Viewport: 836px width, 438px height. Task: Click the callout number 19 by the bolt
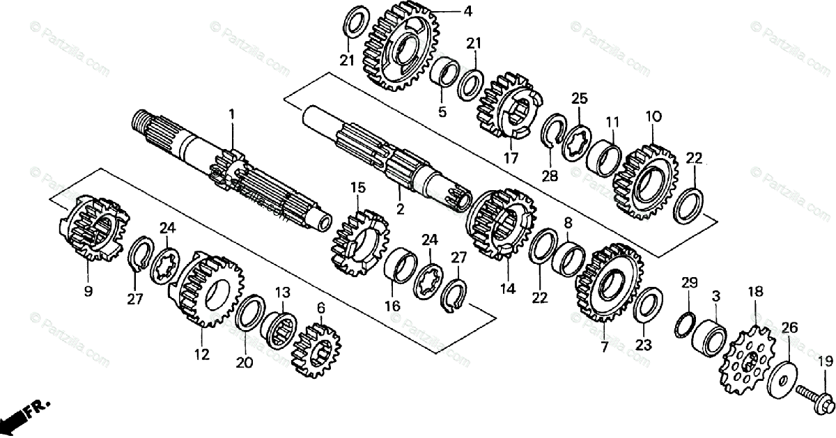click(x=825, y=361)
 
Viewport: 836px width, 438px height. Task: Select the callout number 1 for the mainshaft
click(x=232, y=114)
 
